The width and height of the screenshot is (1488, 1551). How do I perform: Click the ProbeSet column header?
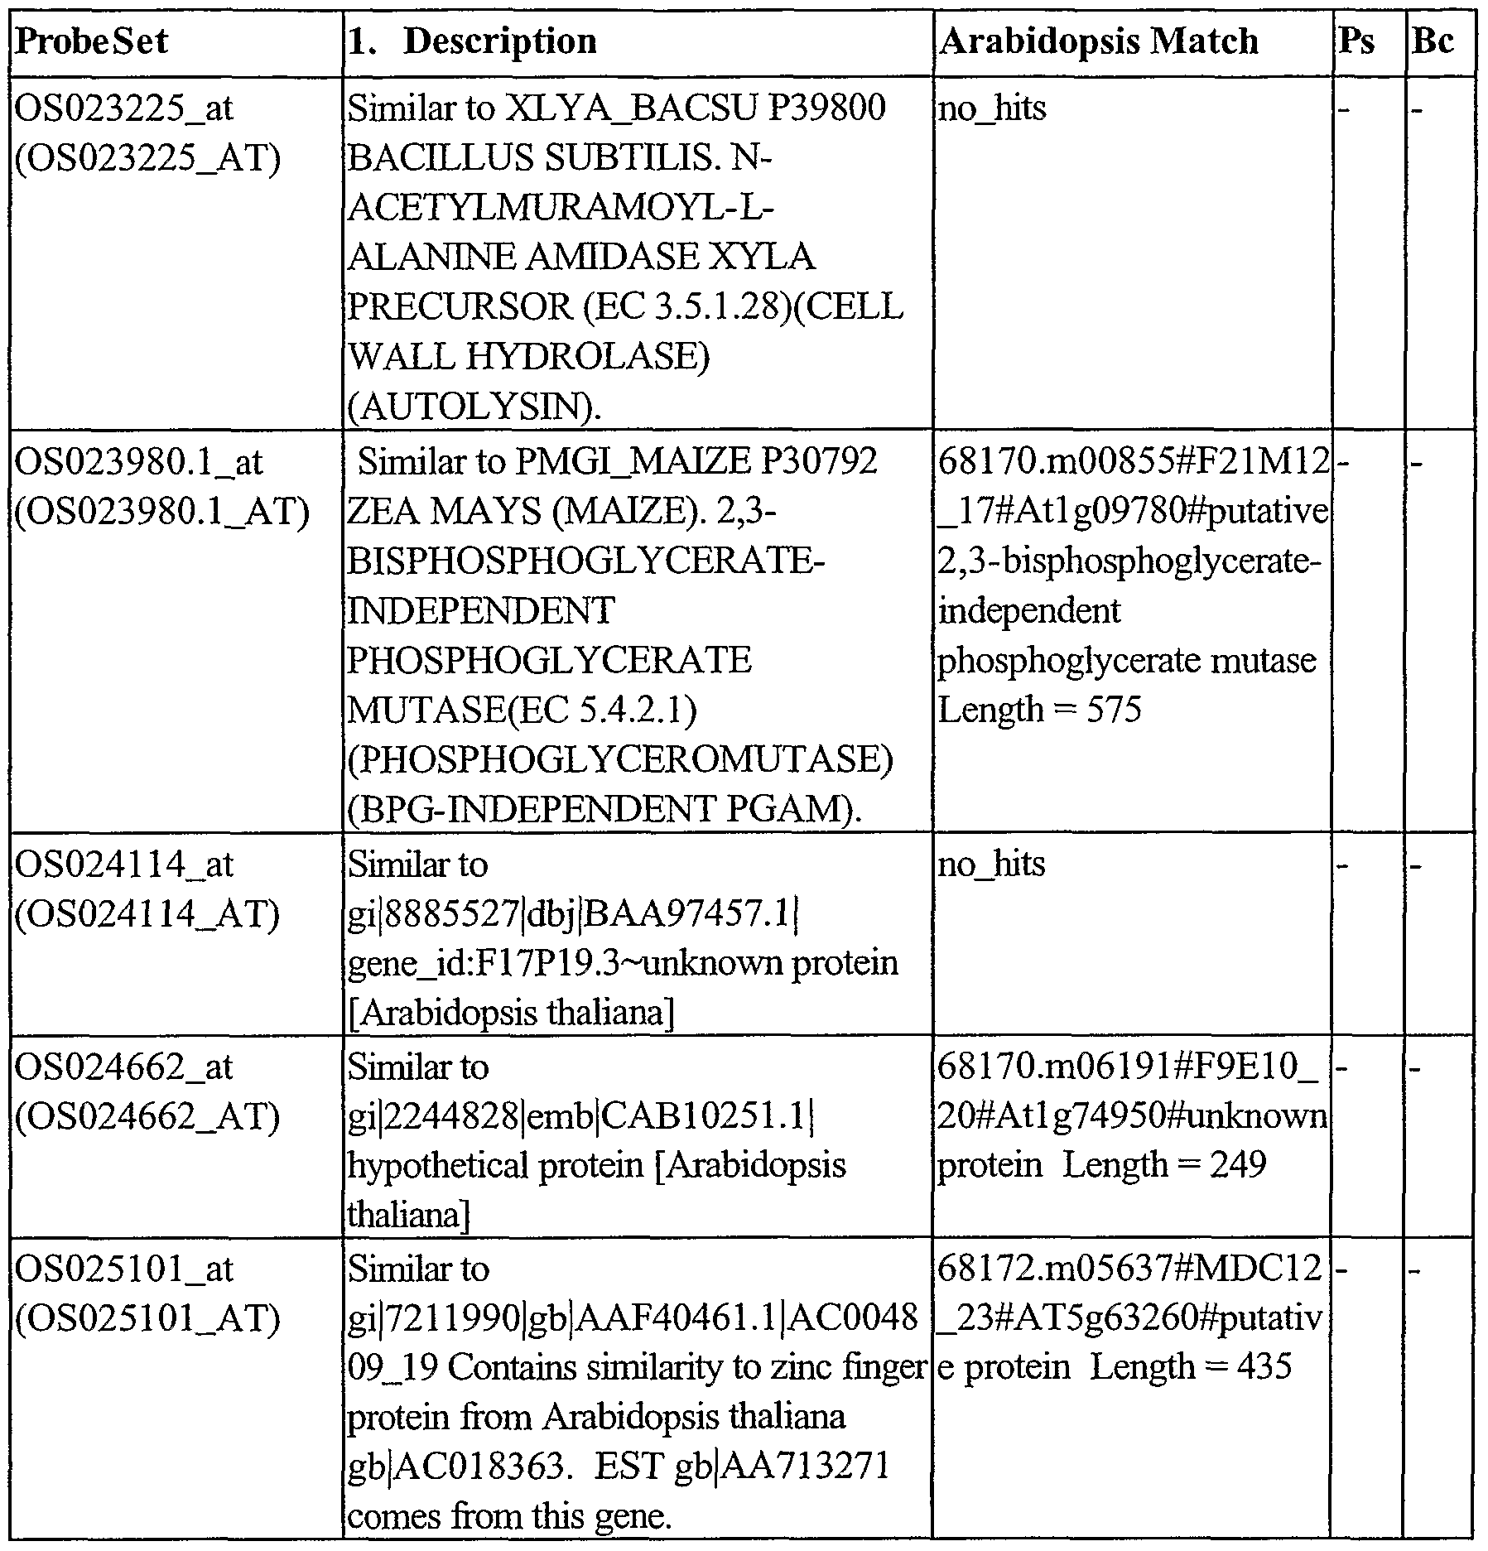pos(92,41)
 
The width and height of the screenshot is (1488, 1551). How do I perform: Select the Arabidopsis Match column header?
pos(1098,41)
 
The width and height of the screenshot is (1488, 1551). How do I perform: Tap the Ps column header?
pos(1356,41)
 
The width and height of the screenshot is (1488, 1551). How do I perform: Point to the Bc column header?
pos(1433,41)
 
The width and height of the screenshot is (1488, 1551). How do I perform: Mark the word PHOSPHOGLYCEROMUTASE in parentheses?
pos(620,760)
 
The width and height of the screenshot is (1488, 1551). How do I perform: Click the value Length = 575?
pos(1039,710)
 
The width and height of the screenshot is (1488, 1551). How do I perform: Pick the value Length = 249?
pos(1164,1166)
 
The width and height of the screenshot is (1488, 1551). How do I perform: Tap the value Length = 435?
pos(1191,1367)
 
